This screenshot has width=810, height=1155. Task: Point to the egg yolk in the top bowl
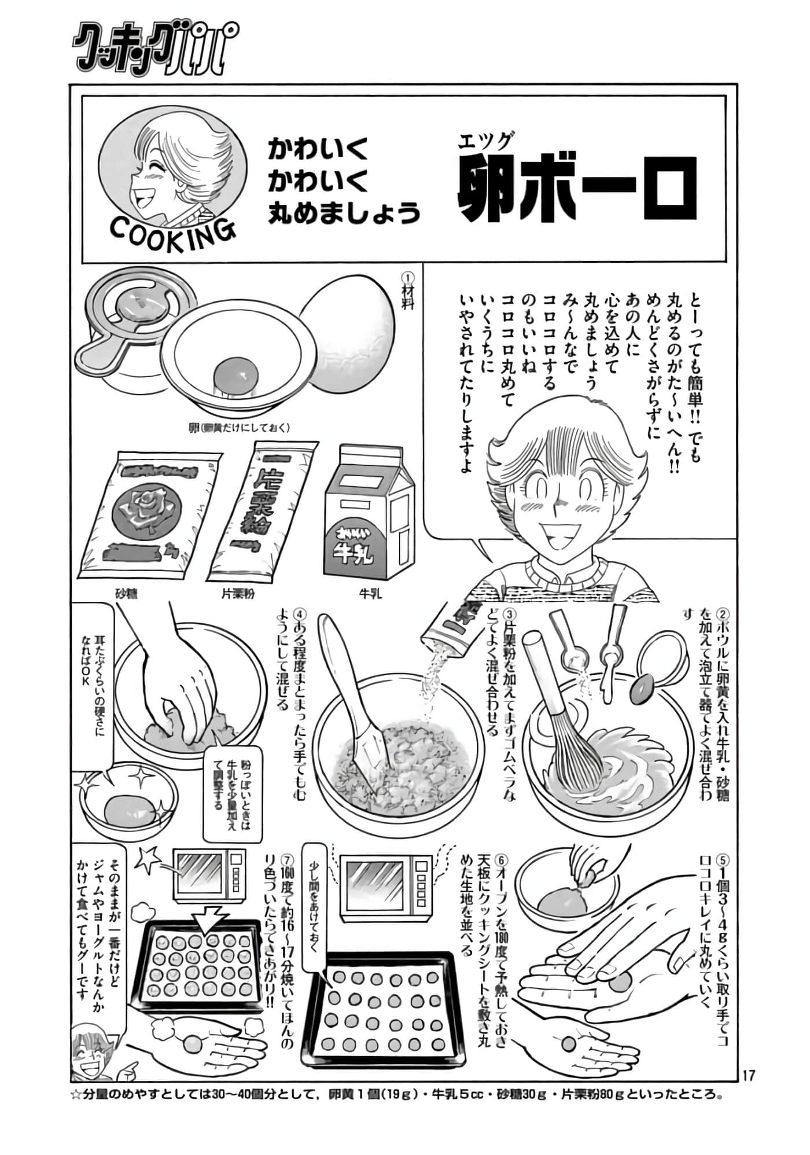pos(236,374)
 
